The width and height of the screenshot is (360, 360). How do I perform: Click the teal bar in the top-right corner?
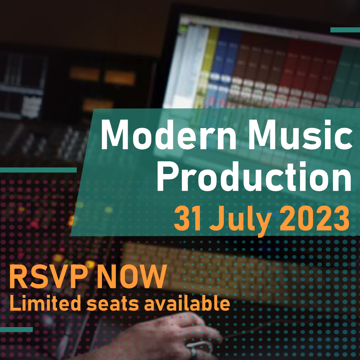click(345, 30)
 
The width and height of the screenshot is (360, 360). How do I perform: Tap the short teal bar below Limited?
click(16, 329)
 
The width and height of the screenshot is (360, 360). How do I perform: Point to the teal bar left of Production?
click(38, 170)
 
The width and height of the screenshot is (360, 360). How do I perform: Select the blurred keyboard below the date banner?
click(200, 263)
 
